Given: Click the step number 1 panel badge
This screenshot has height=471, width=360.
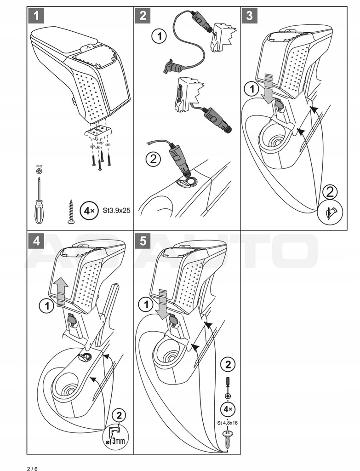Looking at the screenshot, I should coord(36,16).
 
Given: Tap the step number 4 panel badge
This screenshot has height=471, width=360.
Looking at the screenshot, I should coord(36,241).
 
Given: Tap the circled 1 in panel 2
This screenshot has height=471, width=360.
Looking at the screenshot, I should coord(160,36).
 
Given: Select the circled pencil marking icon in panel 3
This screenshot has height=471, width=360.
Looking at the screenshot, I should coord(332,213).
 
